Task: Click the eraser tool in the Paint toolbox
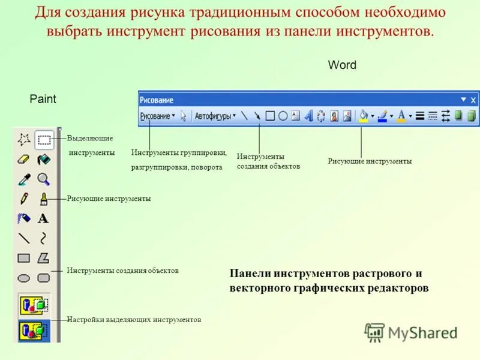pyautogui.click(x=24, y=160)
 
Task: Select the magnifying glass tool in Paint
pyautogui.click(x=43, y=179)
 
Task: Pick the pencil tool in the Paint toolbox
pyautogui.click(x=24, y=199)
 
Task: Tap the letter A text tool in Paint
pyautogui.click(x=43, y=218)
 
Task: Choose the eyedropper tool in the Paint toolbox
pyautogui.click(x=24, y=179)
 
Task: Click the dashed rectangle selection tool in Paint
pyautogui.click(x=43, y=140)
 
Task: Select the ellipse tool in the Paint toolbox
pyautogui.click(x=24, y=278)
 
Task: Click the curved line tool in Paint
pyautogui.click(x=43, y=238)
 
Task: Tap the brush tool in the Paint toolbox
pyautogui.click(x=43, y=199)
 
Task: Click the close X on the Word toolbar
pyautogui.click(x=473, y=100)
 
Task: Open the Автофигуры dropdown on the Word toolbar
pyautogui.click(x=215, y=116)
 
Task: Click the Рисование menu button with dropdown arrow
pyautogui.click(x=157, y=116)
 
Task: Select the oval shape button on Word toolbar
pyautogui.click(x=283, y=116)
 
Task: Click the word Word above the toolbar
pyautogui.click(x=342, y=65)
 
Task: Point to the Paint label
pyautogui.click(x=43, y=99)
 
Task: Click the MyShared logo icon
pyautogui.click(x=374, y=332)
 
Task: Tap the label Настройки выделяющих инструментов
pyautogui.click(x=134, y=320)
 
